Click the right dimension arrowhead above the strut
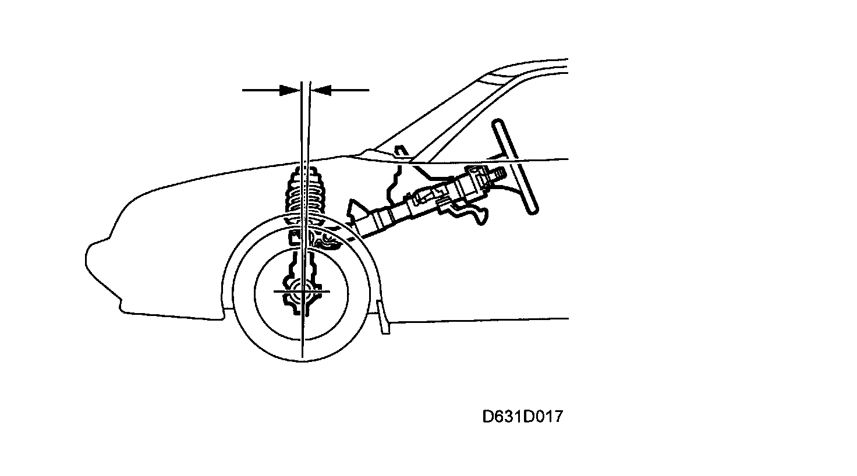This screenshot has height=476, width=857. pyautogui.click(x=321, y=90)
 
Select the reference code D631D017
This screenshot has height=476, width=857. pyautogui.click(x=522, y=417)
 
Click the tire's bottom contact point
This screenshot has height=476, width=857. pyautogui.click(x=303, y=360)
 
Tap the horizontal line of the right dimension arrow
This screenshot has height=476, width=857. pyautogui.click(x=349, y=90)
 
